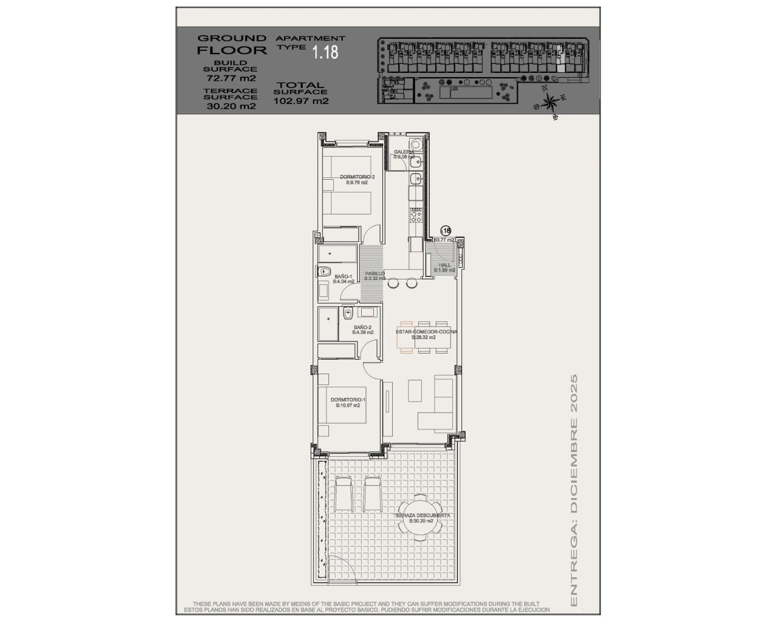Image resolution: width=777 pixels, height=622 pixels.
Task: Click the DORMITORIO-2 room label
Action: point(357,177)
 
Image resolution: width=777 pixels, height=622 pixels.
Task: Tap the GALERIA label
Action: point(404,152)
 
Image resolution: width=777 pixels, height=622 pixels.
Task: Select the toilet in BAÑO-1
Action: point(324,272)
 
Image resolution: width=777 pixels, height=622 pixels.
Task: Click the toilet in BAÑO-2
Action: point(348,313)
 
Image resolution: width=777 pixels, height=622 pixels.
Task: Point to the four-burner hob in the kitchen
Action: point(416,214)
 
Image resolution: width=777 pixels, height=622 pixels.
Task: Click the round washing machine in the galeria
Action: point(416,145)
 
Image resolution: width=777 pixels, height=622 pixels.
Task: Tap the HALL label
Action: point(445,265)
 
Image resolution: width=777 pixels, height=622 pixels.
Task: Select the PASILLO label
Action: point(375,274)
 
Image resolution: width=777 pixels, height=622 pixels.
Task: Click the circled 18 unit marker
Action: point(446,231)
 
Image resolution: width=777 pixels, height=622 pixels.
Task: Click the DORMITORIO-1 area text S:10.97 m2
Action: point(348,405)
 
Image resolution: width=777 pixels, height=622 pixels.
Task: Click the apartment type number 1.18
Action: point(325,53)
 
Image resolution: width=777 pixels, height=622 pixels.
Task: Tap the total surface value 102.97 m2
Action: point(301,101)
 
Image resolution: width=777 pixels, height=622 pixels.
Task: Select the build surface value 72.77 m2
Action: point(231,78)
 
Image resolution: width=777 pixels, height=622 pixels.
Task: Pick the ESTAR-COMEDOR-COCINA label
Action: point(426,332)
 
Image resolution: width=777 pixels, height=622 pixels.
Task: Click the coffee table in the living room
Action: point(416,388)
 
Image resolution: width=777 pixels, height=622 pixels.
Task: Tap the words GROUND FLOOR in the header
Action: point(231,44)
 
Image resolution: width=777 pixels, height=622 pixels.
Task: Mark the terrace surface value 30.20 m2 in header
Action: point(231,106)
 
